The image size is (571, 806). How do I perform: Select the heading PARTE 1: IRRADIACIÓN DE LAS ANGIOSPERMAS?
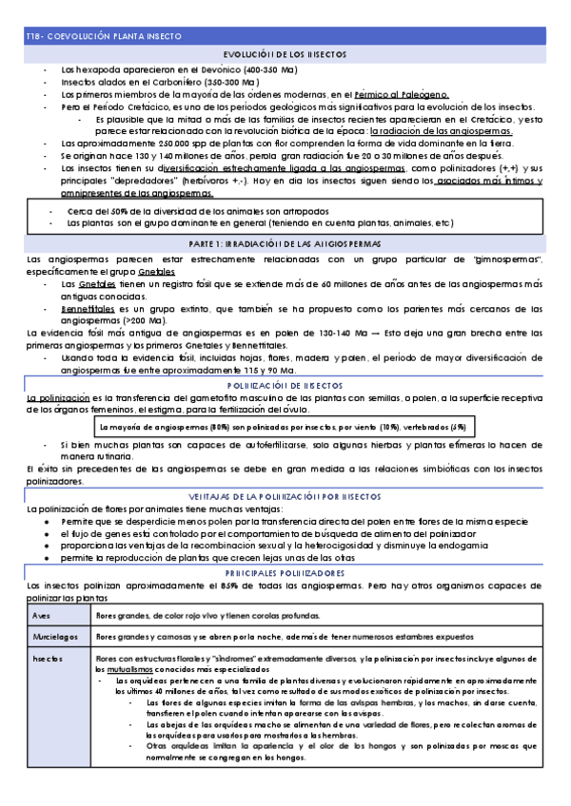[285, 244]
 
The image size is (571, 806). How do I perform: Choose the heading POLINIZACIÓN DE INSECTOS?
[285, 385]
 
